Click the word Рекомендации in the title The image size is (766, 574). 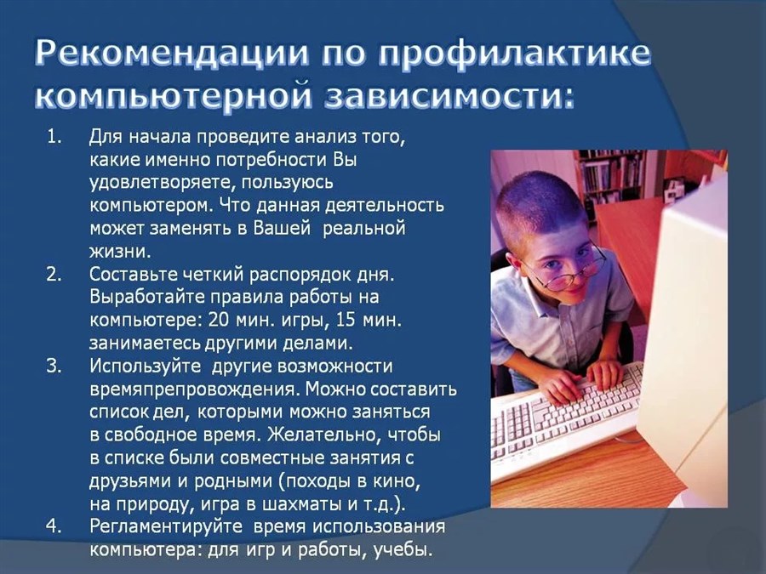(x=171, y=53)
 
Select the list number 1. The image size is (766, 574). (x=54, y=137)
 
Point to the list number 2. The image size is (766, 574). (x=54, y=275)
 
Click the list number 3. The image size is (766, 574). (x=54, y=366)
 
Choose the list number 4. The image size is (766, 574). (x=54, y=526)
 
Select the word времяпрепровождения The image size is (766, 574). (x=197, y=389)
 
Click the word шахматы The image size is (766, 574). (x=303, y=503)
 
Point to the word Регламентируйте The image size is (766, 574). (x=166, y=527)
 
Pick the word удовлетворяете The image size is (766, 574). (x=160, y=183)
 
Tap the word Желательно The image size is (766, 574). (x=323, y=435)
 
